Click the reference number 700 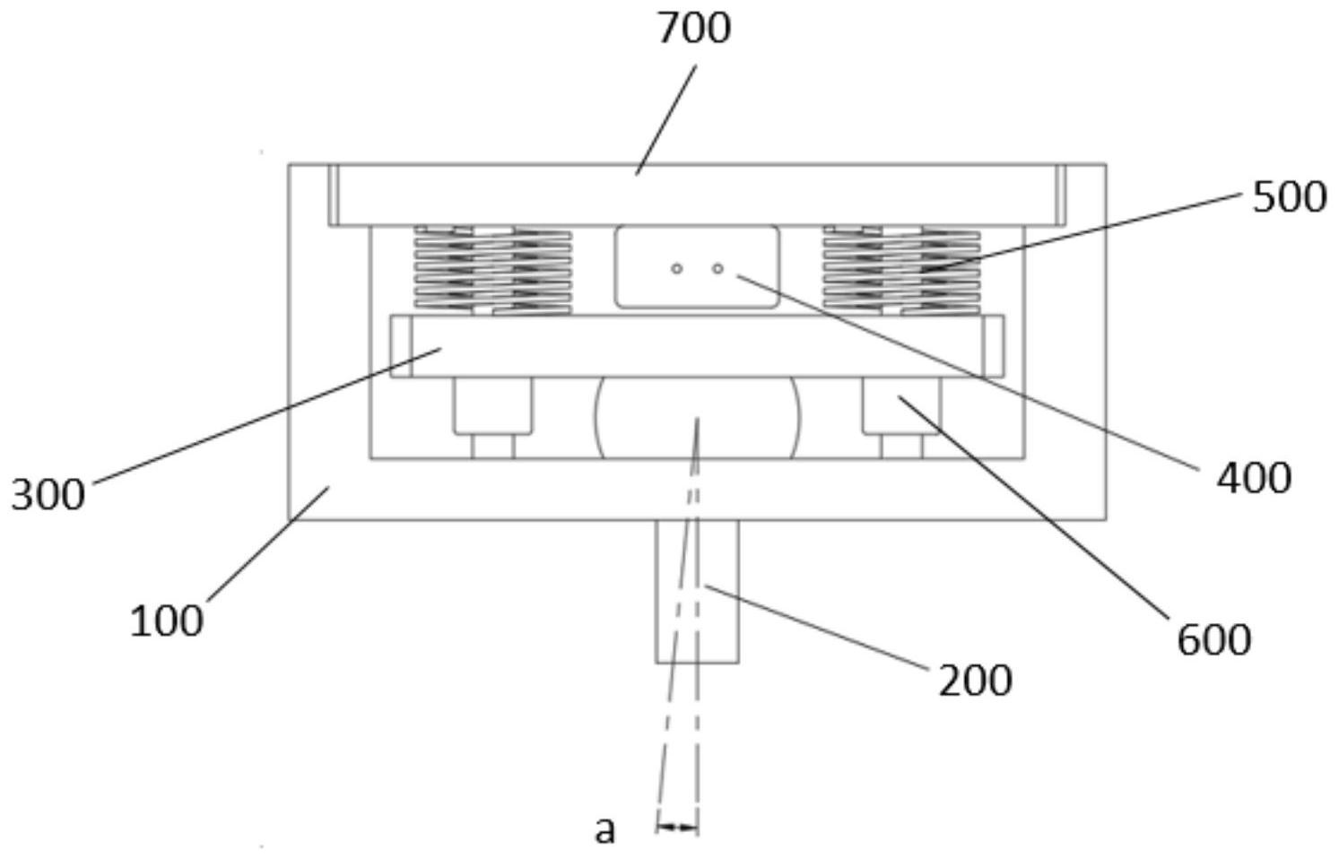coord(694,29)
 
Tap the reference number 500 coord(1290,198)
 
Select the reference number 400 coord(1255,478)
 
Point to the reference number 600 coord(1214,639)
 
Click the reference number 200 coord(976,681)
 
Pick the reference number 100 coord(167,621)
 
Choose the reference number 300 coord(48,495)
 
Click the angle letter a coord(604,829)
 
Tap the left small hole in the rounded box coord(676,268)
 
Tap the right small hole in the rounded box coord(717,268)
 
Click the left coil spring coord(493,270)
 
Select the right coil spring coord(901,270)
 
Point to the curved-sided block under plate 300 coord(696,417)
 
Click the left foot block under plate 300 coord(492,406)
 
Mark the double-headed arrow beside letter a coord(677,828)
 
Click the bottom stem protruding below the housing coord(697,591)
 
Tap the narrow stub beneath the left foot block coord(493,447)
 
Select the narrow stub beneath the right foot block coord(901,447)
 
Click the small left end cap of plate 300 coord(401,346)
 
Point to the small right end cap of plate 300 coord(994,346)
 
